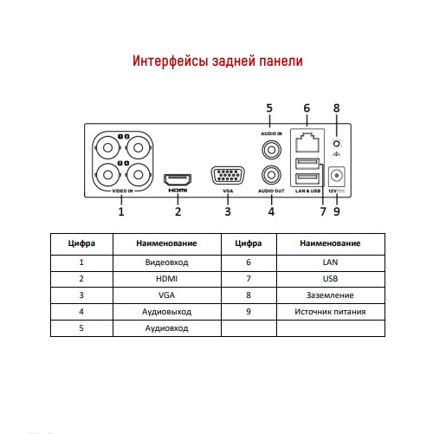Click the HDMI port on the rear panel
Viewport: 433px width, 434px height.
point(178,179)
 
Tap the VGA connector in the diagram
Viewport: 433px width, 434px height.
point(228,175)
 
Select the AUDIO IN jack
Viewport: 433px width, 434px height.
point(271,150)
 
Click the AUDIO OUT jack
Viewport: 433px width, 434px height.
point(271,175)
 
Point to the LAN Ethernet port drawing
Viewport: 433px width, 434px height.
point(307,142)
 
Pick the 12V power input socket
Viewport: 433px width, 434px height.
point(337,176)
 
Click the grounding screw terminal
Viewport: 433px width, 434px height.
point(336,144)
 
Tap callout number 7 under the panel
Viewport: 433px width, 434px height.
point(323,211)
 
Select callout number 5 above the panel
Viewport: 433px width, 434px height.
point(269,108)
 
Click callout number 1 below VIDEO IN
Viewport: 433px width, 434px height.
point(121,211)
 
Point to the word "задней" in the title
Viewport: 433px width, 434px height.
point(234,61)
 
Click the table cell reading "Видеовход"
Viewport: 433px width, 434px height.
point(167,262)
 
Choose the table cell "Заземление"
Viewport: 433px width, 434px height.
point(330,295)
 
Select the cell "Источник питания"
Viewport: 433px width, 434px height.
point(330,312)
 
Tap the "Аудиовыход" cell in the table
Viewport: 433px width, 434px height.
point(167,312)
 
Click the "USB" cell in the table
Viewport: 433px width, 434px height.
point(330,279)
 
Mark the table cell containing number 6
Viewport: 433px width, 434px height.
point(249,262)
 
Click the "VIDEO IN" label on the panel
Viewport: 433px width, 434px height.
point(122,191)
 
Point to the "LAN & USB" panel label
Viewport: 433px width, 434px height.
point(307,191)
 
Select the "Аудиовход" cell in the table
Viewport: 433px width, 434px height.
point(167,328)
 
